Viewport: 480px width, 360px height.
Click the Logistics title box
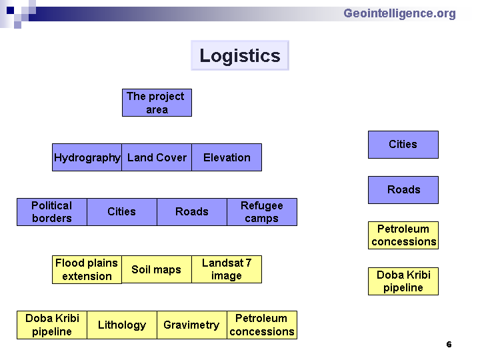[x=240, y=55]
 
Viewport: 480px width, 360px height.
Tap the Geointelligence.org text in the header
[x=399, y=14]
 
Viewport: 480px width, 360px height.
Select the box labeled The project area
[x=157, y=103]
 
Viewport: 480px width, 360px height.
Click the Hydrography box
[x=87, y=157]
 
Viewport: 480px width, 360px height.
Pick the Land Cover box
[x=157, y=157]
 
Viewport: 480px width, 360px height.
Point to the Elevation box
[x=227, y=157]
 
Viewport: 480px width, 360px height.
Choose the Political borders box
[x=52, y=212]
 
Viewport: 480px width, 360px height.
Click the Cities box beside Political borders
[x=122, y=212]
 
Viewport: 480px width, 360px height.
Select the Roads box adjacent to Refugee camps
[x=192, y=212]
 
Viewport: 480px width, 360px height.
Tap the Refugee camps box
[x=262, y=212]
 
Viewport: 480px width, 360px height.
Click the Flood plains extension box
[x=87, y=270]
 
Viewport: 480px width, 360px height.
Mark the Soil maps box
[x=157, y=269]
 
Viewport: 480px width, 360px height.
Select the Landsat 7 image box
[x=227, y=269]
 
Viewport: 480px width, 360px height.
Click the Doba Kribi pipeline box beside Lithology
[x=52, y=325]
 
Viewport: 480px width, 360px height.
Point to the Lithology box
[x=122, y=325]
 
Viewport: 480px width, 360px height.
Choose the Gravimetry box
[x=192, y=325]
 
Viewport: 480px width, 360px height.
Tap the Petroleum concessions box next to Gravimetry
[x=262, y=325]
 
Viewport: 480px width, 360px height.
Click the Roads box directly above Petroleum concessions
[x=403, y=190]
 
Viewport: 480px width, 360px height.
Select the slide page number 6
[x=449, y=345]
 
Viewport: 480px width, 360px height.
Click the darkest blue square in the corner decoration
[x=10, y=10]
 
